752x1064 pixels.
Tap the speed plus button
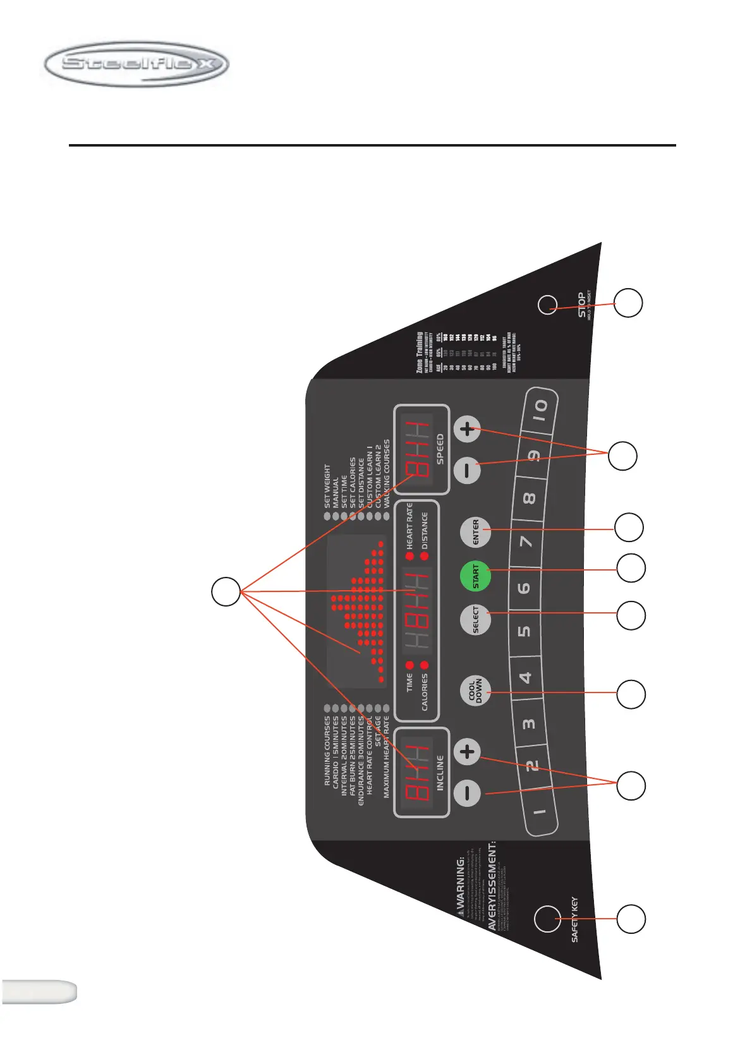(468, 430)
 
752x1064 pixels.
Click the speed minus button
(468, 471)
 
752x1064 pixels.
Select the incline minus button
(468, 793)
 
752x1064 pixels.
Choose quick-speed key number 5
(525, 632)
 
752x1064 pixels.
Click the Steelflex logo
(136, 64)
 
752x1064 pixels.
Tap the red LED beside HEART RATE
(409, 556)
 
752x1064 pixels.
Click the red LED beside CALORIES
(425, 665)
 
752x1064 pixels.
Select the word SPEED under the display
(440, 449)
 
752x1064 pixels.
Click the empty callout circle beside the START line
(631, 568)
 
